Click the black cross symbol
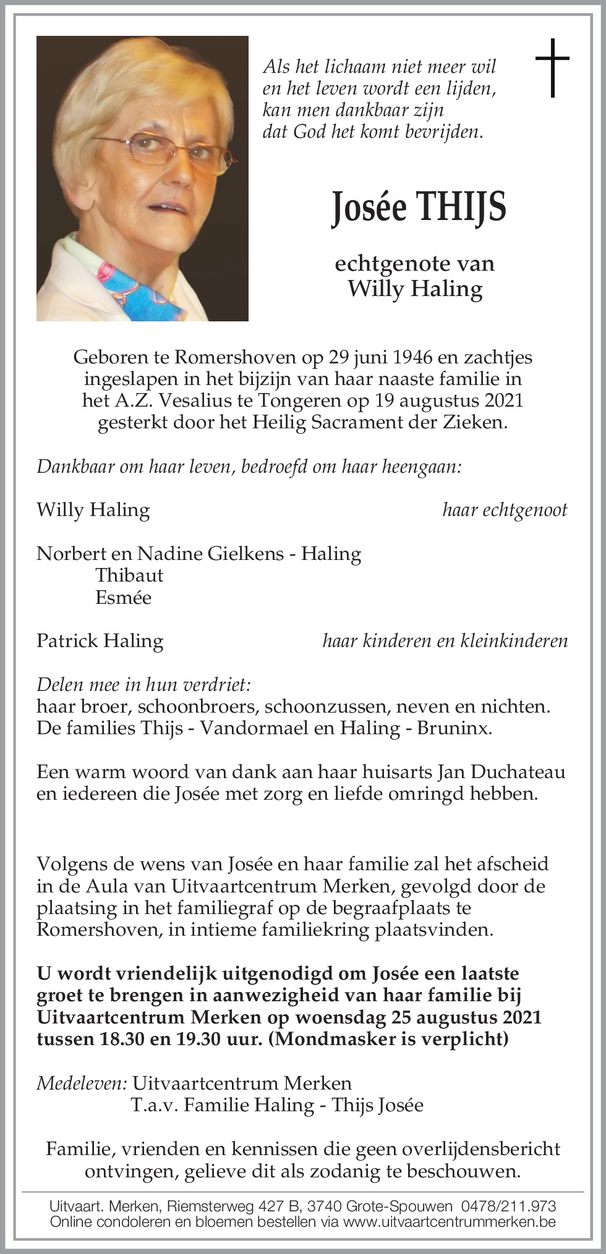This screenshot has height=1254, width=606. pyautogui.click(x=552, y=67)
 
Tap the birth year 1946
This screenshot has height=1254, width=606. pyautogui.click(x=412, y=357)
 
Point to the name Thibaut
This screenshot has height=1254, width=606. pyautogui.click(x=129, y=575)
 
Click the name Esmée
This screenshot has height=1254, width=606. pyautogui.click(x=123, y=597)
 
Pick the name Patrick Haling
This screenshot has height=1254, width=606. pyautogui.click(x=100, y=640)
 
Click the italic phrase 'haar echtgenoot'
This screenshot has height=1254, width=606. pyautogui.click(x=505, y=509)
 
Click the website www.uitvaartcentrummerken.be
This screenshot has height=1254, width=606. pyautogui.click(x=450, y=1221)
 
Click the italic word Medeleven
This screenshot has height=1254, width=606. pyautogui.click(x=82, y=1083)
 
